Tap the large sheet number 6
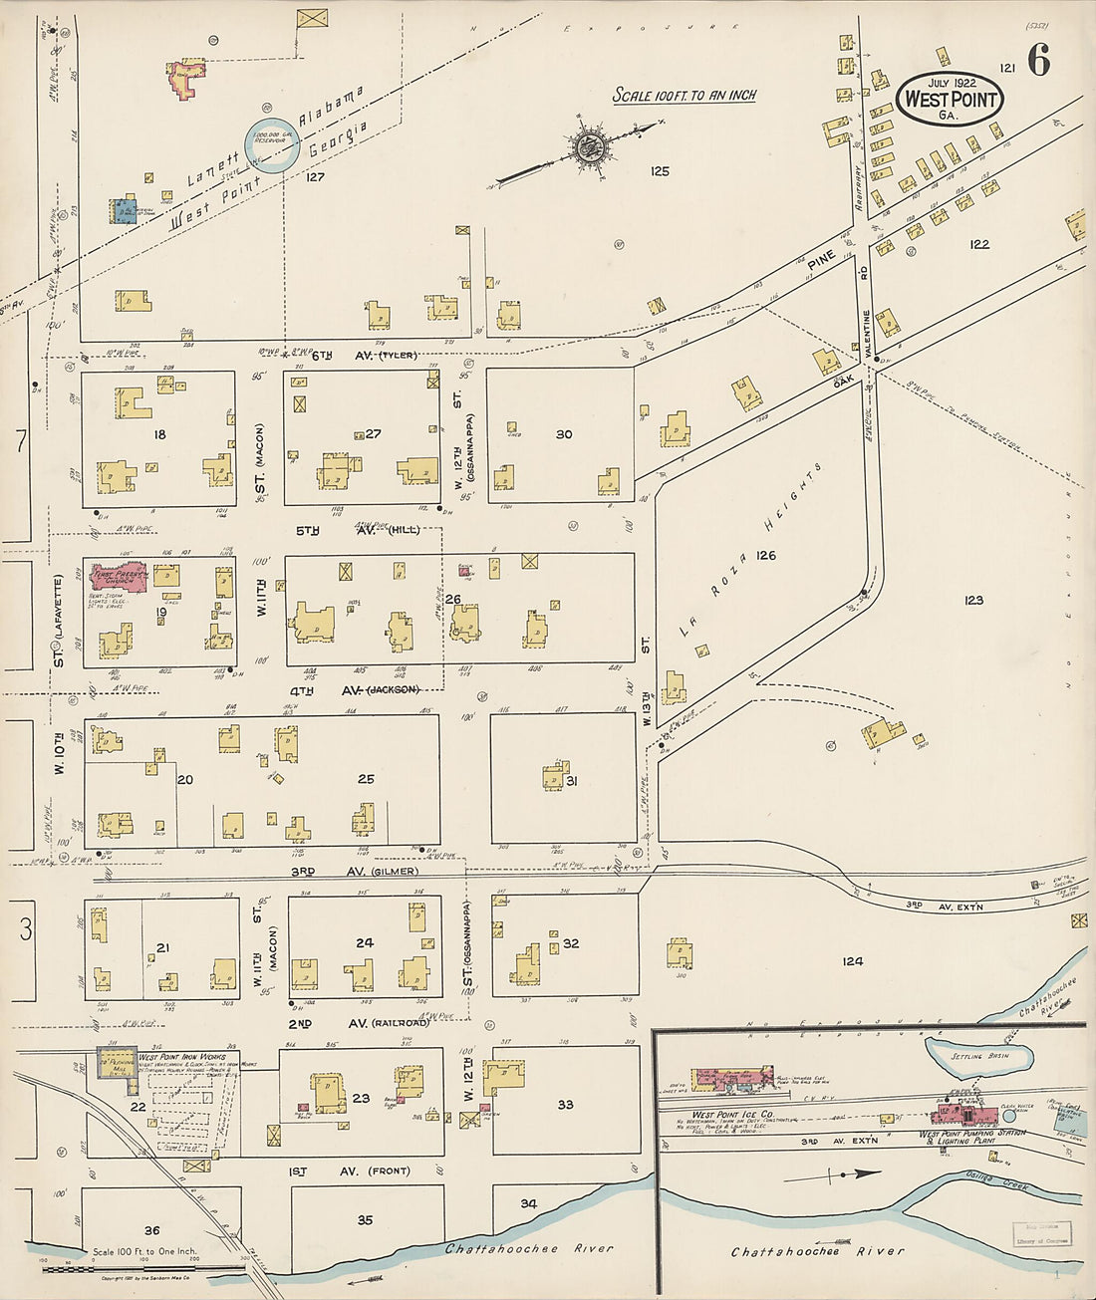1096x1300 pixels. click(x=1037, y=63)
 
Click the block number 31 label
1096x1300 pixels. click(x=572, y=781)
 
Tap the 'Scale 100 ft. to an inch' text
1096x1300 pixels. click(x=684, y=96)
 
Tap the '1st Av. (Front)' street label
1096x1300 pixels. click(x=364, y=1170)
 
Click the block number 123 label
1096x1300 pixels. click(x=973, y=600)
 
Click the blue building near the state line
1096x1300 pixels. click(x=123, y=211)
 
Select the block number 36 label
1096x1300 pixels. click(x=151, y=1230)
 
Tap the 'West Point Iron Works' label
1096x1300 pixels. click(x=181, y=1057)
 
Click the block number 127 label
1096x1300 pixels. click(x=316, y=177)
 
